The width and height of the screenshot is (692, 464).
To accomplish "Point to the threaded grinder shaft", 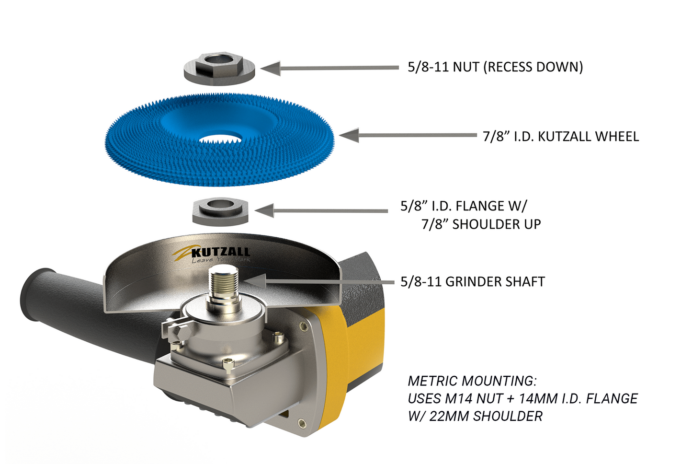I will click(223, 283).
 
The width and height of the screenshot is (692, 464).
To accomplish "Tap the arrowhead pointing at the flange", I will click(264, 210).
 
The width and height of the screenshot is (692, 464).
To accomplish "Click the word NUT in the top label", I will click(466, 67).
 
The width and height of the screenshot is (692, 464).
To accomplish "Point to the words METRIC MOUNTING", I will click(472, 381).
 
